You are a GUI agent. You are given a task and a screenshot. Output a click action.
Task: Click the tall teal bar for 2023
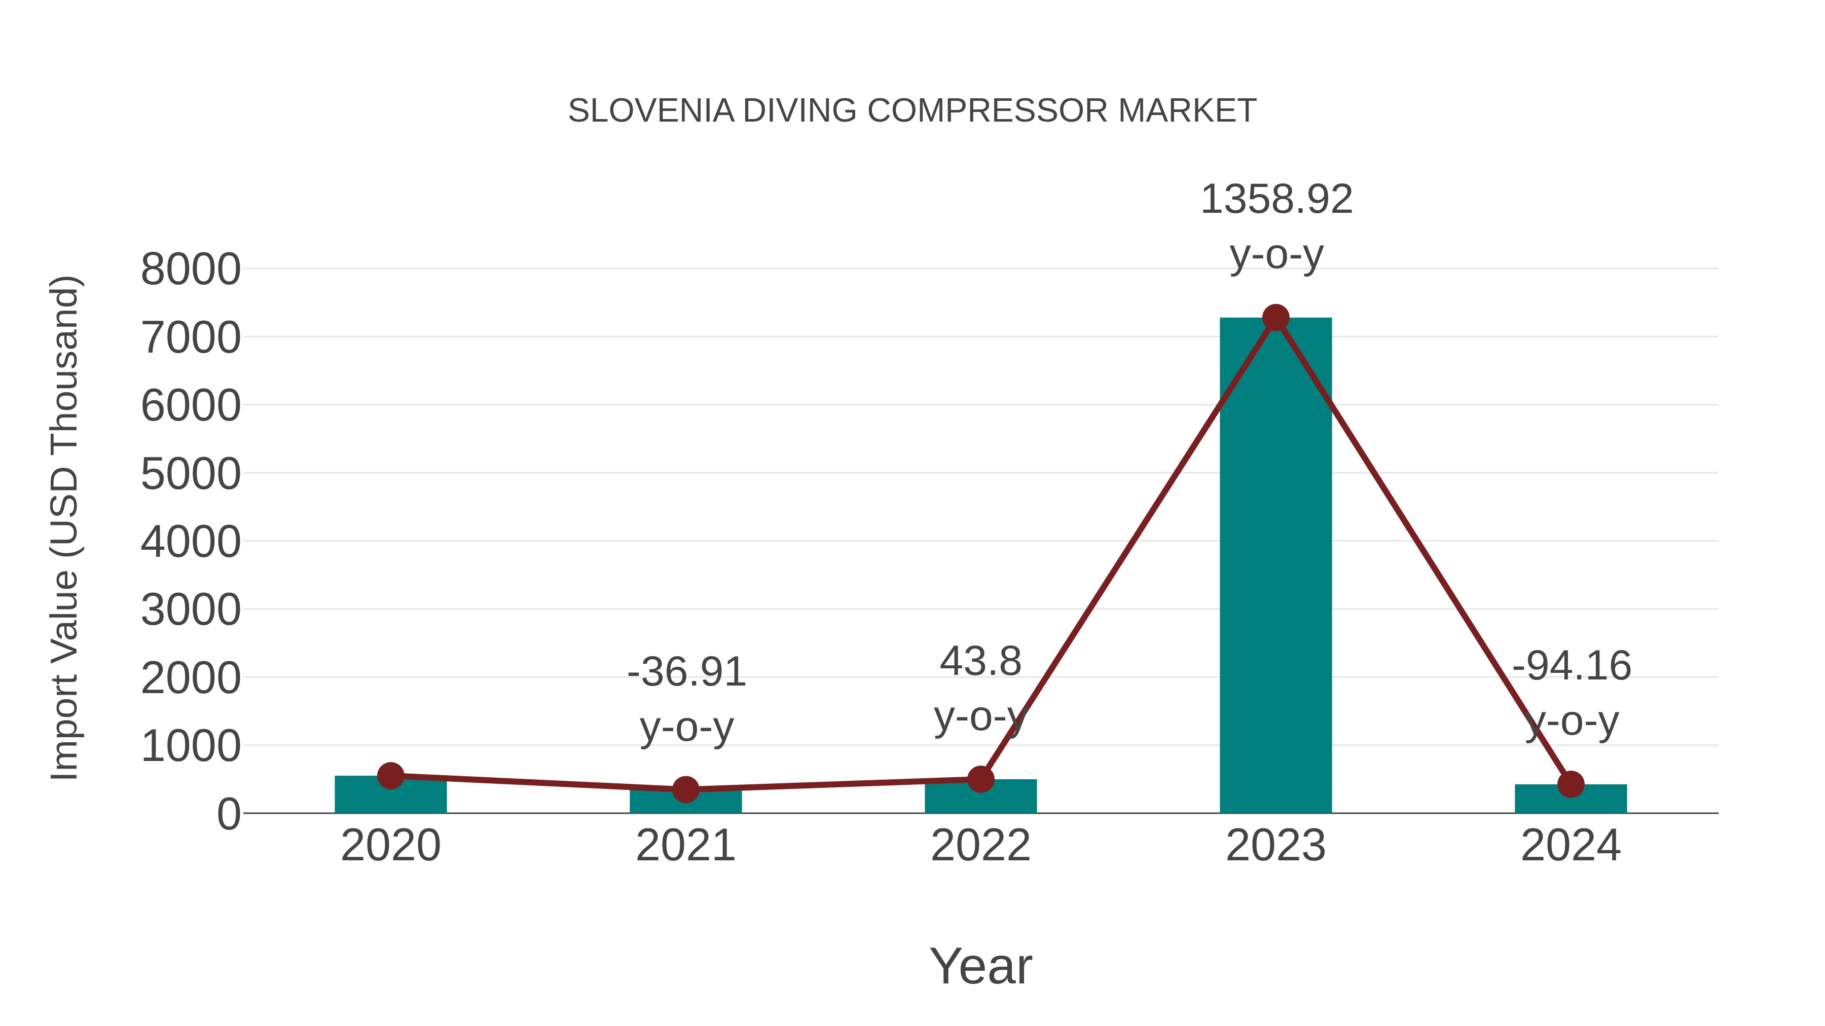[x=1275, y=566]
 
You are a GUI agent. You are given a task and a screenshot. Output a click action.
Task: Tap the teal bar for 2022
[x=980, y=798]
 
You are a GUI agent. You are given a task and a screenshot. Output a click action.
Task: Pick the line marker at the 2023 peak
[x=1275, y=318]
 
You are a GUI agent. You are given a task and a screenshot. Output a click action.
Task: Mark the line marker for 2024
[x=1571, y=784]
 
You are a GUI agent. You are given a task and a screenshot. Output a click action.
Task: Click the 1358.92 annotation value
[x=1276, y=200]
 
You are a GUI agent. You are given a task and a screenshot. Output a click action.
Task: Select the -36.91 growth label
[x=686, y=672]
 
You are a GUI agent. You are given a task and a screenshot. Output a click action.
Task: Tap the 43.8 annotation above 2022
[x=980, y=662]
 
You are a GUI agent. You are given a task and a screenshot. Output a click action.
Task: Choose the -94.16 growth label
[x=1572, y=666]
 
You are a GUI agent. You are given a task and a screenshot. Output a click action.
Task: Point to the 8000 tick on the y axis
[x=191, y=270]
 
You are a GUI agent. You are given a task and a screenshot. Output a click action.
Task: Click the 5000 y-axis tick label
[x=191, y=474]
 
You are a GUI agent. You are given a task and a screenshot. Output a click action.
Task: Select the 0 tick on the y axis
[x=229, y=814]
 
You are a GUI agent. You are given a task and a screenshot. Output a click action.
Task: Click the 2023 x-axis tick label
[x=1275, y=846]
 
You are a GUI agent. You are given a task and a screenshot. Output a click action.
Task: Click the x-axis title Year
[x=980, y=967]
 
